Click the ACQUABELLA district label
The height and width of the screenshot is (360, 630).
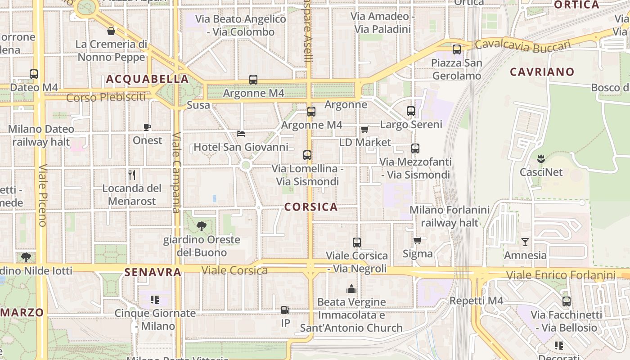(x=147, y=79)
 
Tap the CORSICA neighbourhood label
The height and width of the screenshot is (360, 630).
(x=311, y=207)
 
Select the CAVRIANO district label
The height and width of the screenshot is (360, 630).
(x=542, y=72)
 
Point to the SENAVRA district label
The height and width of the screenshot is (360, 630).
(x=153, y=272)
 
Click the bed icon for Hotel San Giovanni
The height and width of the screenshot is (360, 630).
(x=241, y=134)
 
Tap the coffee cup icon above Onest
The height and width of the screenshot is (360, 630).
(x=147, y=127)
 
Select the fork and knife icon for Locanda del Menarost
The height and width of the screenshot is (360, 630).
(x=132, y=175)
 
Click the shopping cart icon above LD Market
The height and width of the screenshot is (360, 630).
(x=364, y=130)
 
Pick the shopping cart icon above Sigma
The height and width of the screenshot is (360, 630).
(x=417, y=240)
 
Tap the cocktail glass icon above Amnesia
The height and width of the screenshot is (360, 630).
(x=525, y=242)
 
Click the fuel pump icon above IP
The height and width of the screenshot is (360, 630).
(x=285, y=310)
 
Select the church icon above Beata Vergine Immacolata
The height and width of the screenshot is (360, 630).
(x=351, y=289)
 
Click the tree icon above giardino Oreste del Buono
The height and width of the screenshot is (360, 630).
(x=202, y=226)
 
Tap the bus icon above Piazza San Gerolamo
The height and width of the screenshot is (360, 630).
(x=457, y=49)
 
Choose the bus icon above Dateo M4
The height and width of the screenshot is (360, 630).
(x=34, y=74)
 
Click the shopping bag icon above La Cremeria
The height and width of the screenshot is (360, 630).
(x=111, y=31)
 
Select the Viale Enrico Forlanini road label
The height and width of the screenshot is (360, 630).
(x=560, y=275)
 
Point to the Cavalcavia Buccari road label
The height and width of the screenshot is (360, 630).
(x=522, y=45)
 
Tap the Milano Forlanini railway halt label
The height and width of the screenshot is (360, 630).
(x=449, y=216)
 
